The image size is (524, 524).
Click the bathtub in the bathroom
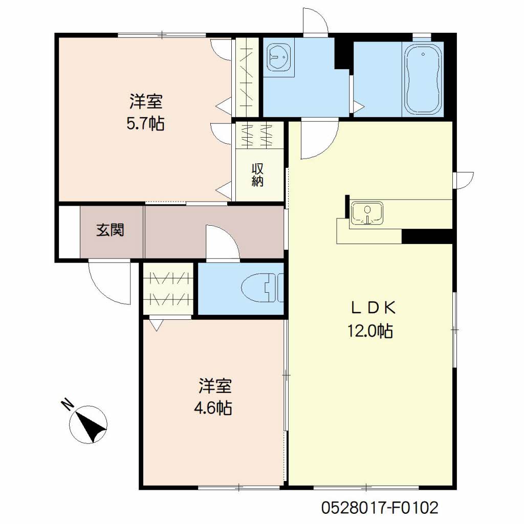[423, 79]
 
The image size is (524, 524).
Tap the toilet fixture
[263, 288]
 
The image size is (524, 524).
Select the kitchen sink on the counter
[367, 213]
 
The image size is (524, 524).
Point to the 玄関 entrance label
[111, 230]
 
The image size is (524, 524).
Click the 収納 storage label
[257, 175]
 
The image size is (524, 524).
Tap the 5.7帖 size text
[145, 124]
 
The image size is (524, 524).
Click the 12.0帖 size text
[370, 331]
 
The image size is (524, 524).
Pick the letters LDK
[373, 308]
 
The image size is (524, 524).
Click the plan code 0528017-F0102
[380, 508]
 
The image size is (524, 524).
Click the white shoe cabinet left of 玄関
[70, 232]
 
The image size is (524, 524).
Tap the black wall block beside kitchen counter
[427, 236]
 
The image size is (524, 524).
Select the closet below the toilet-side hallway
[168, 289]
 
